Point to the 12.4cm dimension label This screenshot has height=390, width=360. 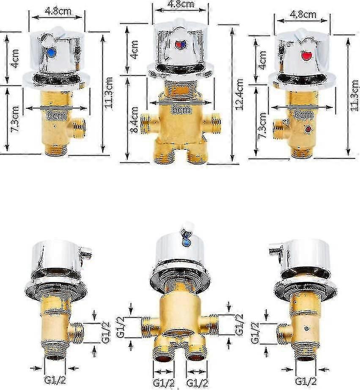(x=239, y=94)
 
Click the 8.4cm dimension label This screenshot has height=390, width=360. (x=135, y=120)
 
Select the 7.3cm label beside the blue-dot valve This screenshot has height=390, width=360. (x=14, y=119)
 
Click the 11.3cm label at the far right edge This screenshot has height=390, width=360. (x=355, y=96)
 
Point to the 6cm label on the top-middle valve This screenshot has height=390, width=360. (x=182, y=110)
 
